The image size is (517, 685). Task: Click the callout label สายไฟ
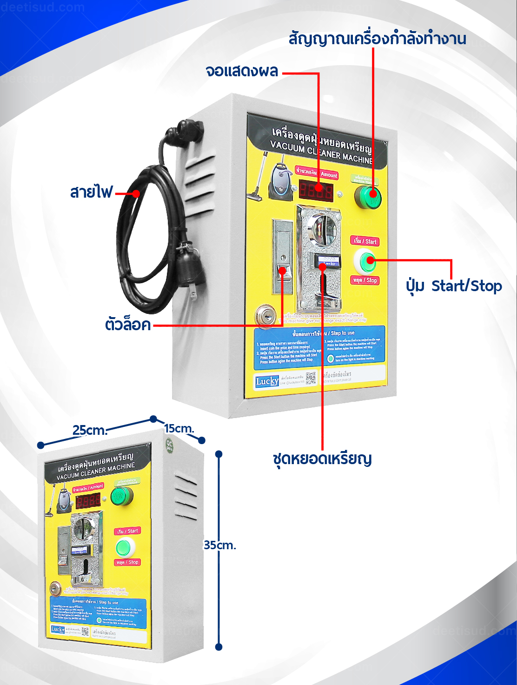point(91,192)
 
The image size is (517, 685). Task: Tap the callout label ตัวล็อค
point(128,324)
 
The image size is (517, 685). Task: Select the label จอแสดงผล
point(242,72)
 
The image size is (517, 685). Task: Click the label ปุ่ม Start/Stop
point(453,286)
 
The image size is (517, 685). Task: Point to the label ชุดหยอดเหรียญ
point(322,459)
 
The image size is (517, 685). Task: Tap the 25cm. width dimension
point(90,430)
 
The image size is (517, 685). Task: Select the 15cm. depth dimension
point(179,428)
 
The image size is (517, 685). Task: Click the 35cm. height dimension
point(219,545)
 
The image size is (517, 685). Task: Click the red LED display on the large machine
point(316,190)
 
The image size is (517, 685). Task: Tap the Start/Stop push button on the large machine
point(366,261)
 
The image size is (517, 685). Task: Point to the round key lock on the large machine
point(265,316)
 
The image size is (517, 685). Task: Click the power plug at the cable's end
point(190,267)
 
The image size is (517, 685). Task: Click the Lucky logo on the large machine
point(267,381)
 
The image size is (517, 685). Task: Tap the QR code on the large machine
point(311,378)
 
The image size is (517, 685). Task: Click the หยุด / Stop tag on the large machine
point(365,280)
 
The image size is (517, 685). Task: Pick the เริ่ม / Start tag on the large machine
point(365,241)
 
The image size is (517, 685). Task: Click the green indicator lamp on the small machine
point(122,497)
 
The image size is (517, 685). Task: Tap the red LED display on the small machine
point(88,501)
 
